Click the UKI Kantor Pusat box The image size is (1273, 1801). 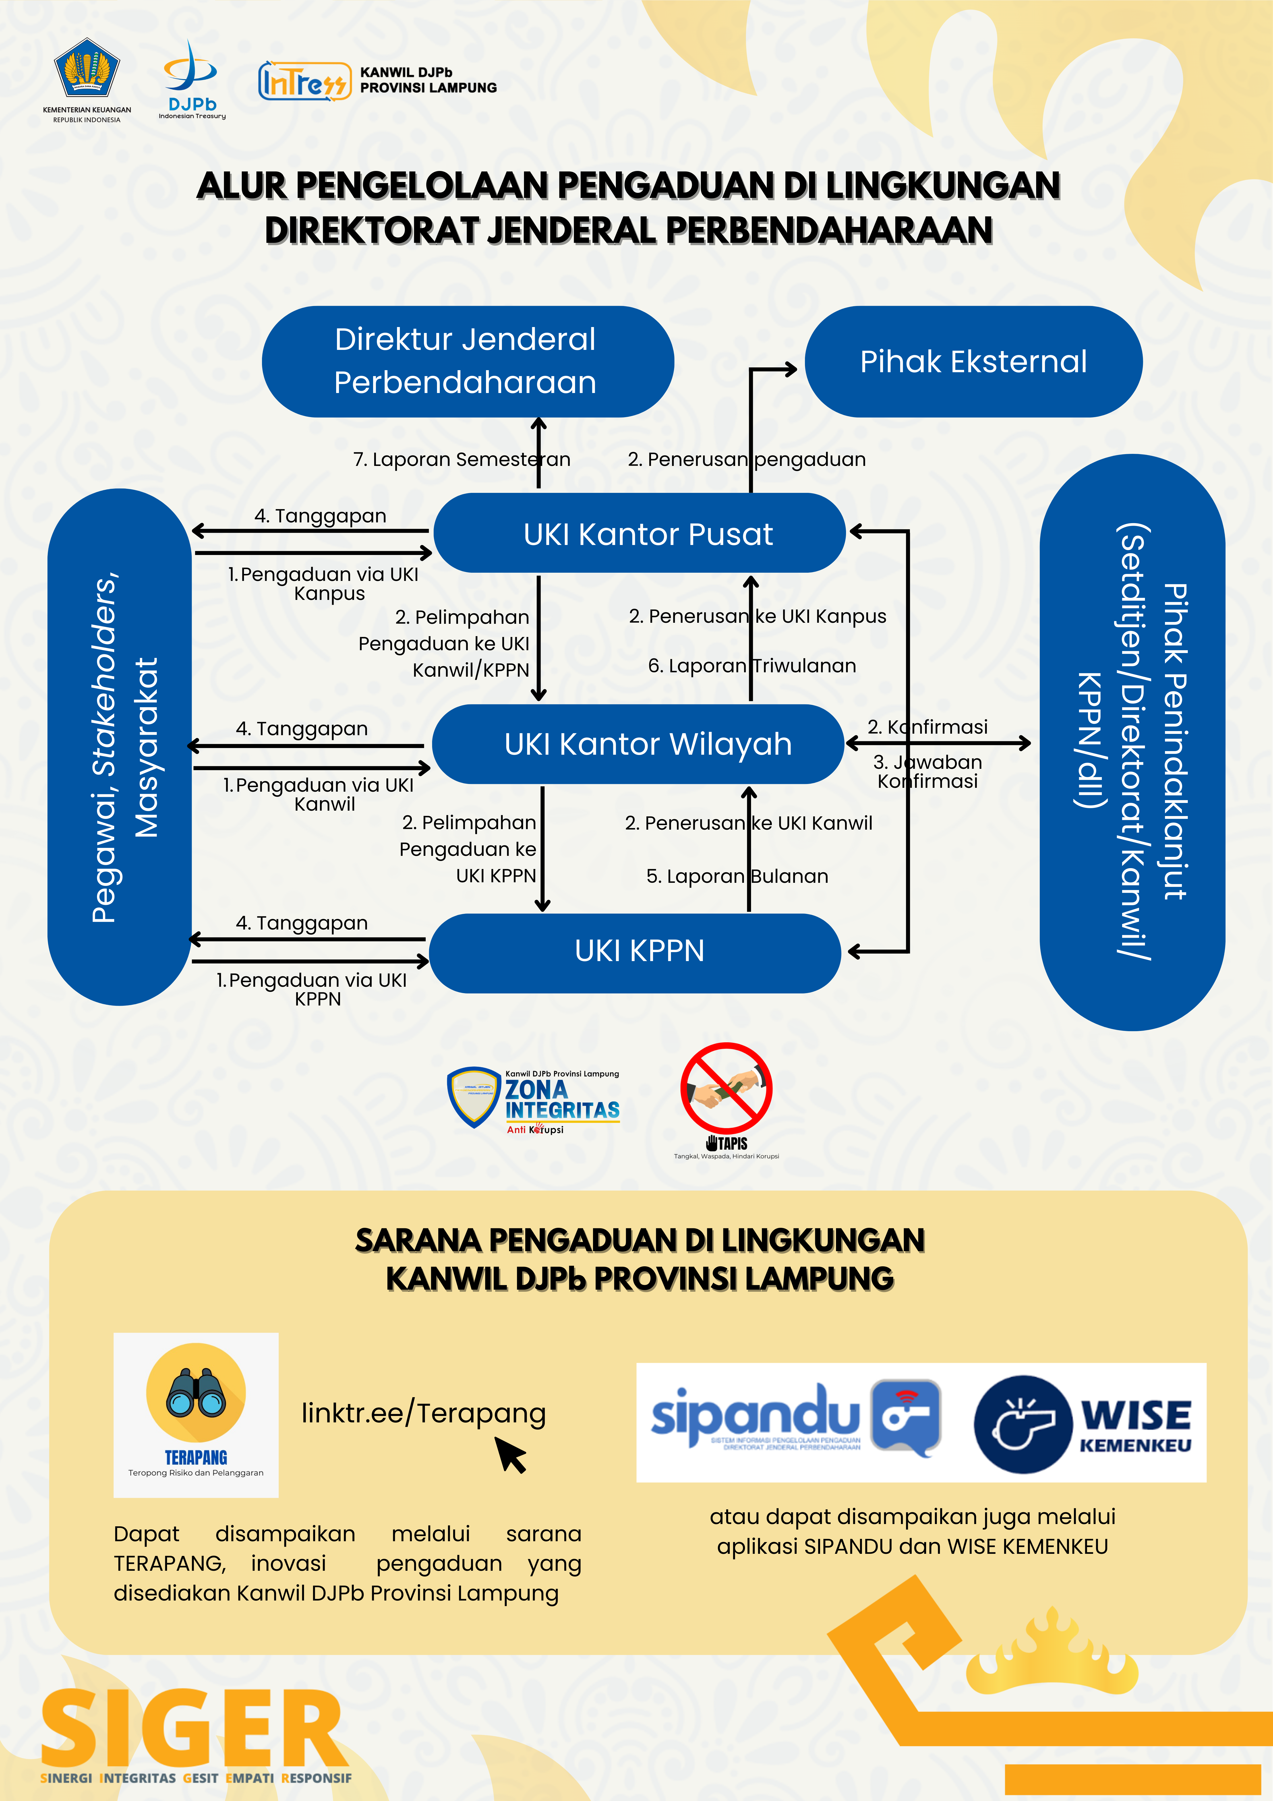point(639,533)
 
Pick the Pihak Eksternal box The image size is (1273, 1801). point(973,362)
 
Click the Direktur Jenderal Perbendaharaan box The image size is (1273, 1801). point(468,362)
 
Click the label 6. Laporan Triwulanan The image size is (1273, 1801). point(751,666)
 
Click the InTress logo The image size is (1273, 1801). point(304,81)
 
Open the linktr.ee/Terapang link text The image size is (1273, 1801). point(424,1413)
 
